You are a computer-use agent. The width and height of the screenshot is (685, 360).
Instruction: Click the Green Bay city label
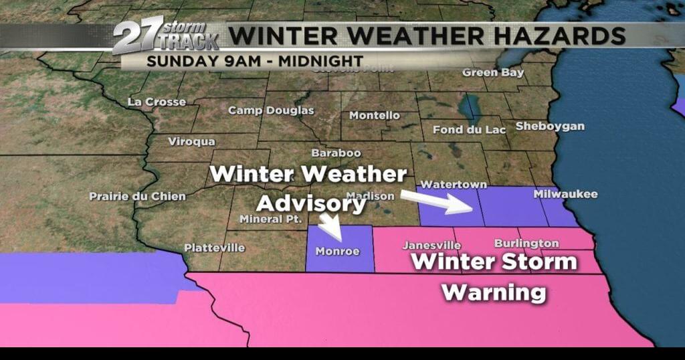[493, 72]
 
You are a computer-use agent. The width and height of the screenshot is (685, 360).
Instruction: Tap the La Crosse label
[157, 102]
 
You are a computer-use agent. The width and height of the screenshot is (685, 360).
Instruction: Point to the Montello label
[375, 115]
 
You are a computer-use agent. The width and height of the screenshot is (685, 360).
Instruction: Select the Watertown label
[448, 183]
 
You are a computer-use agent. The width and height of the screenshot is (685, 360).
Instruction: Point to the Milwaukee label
[565, 194]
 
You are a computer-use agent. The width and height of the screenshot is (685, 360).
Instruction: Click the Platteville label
[214, 248]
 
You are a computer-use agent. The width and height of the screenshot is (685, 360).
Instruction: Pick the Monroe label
[338, 252]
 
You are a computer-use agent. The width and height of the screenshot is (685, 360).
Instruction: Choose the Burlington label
[526, 243]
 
